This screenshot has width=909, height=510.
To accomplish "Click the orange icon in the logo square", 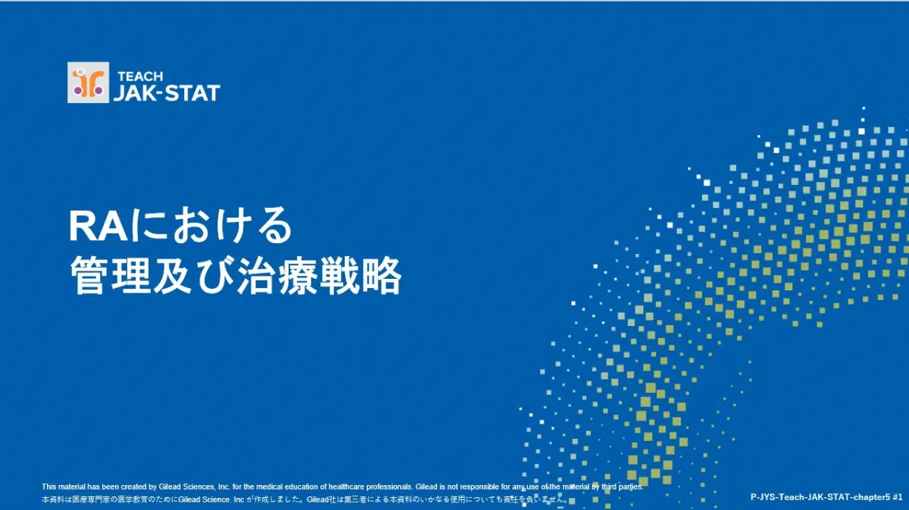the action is [89, 83].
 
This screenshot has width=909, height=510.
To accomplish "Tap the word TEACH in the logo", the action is [140, 77].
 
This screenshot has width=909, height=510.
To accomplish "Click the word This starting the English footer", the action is [48, 487].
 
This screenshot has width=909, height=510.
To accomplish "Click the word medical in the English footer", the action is [270, 487].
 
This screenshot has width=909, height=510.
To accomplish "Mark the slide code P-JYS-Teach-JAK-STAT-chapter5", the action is [820, 497].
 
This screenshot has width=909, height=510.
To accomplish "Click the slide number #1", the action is [898, 497].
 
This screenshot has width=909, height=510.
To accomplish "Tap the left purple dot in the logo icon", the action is [77, 92].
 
